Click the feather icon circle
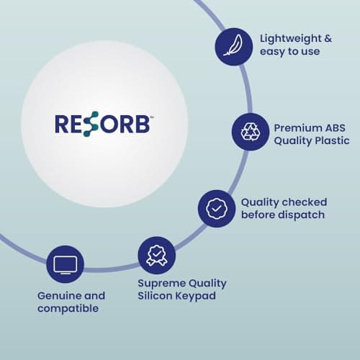tap(233, 45)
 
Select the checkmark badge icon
tap(216, 208)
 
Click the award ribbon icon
tap(156, 256)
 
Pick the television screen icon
tap(65, 264)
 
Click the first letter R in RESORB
tap(63, 124)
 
